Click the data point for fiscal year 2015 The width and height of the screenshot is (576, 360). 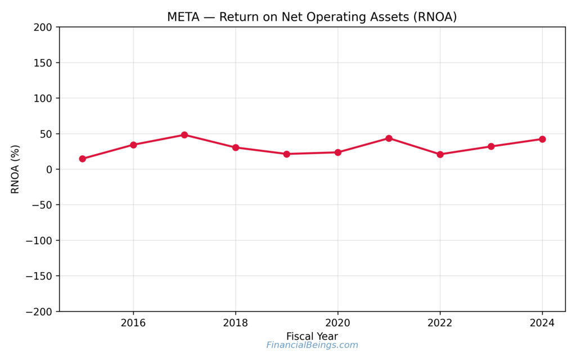(x=83, y=159)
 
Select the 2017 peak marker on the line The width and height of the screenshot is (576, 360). (x=184, y=135)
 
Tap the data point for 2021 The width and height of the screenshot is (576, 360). (x=389, y=138)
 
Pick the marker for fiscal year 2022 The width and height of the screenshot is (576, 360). (x=440, y=154)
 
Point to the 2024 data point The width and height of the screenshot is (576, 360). (x=542, y=139)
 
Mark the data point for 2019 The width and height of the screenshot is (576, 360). (x=286, y=154)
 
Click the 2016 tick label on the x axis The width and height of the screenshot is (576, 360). (x=133, y=323)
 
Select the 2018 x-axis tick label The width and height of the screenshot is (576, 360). (x=236, y=323)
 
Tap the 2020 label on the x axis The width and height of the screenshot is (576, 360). (x=337, y=323)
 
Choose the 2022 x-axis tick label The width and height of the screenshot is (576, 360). (x=440, y=323)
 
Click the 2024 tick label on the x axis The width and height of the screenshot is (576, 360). (x=542, y=323)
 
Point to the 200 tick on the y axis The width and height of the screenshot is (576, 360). (x=43, y=27)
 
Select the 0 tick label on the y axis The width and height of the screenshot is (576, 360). (x=49, y=169)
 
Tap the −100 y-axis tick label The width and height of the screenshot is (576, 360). (x=39, y=241)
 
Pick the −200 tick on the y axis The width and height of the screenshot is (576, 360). (x=39, y=312)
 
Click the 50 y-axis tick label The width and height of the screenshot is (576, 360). (x=46, y=134)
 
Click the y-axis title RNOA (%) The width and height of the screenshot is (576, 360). (x=15, y=169)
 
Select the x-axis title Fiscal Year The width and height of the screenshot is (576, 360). (x=312, y=336)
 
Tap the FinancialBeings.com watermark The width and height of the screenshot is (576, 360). (x=312, y=345)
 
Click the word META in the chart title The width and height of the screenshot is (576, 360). (x=182, y=17)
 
